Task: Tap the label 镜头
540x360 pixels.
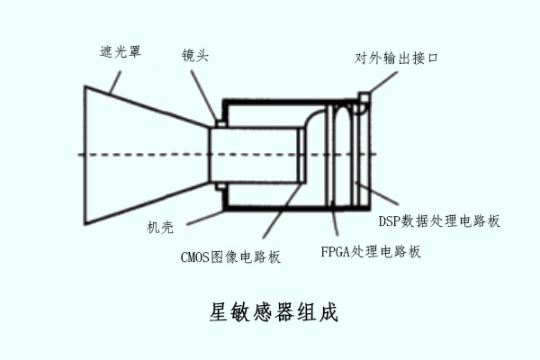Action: tap(195, 56)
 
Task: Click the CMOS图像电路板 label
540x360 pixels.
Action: tap(231, 257)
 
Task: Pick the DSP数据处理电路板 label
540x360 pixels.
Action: tap(438, 220)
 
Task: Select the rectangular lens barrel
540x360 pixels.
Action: tap(256, 155)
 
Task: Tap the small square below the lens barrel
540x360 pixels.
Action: tap(219, 186)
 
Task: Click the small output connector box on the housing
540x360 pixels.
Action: tap(364, 98)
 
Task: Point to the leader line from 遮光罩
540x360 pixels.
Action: tap(111, 78)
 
